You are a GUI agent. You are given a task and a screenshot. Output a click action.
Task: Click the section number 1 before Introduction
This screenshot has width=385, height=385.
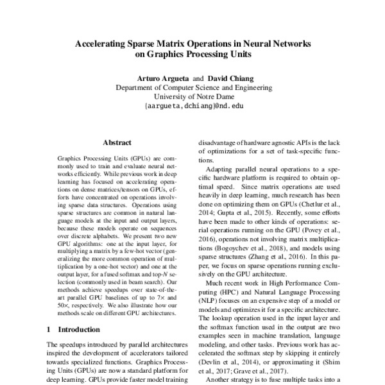[x=50, y=329]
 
